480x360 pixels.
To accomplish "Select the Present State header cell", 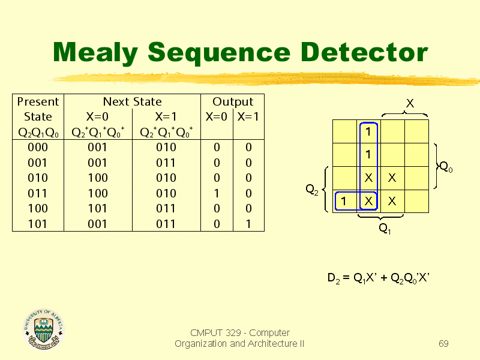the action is tap(38, 116).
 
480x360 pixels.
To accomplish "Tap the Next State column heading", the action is tap(132, 101).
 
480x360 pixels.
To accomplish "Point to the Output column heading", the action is tap(233, 101).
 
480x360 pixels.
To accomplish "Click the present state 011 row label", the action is tap(38, 193).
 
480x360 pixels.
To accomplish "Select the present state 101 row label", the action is tap(38, 224).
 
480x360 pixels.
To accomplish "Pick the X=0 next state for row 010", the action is tap(98, 178).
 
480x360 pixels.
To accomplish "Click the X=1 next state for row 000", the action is tap(166, 147).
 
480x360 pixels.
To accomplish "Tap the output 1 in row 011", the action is tap(217, 193).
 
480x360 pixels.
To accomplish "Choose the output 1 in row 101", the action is tap(248, 224).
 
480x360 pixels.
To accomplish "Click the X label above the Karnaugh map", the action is tap(410, 103).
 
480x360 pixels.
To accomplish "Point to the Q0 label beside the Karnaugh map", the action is tap(446, 167).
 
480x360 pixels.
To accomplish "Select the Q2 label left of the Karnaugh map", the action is tap(312, 190).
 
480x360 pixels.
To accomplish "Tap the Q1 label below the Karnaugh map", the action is tap(385, 229).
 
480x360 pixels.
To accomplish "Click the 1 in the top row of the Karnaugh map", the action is tap(368, 131).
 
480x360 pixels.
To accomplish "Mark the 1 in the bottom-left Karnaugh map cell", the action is tap(344, 201).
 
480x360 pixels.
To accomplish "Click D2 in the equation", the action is tap(334, 278).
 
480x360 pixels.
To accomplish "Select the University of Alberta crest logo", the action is tap(43, 329).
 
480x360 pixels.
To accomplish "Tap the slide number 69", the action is tap(443, 343).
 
